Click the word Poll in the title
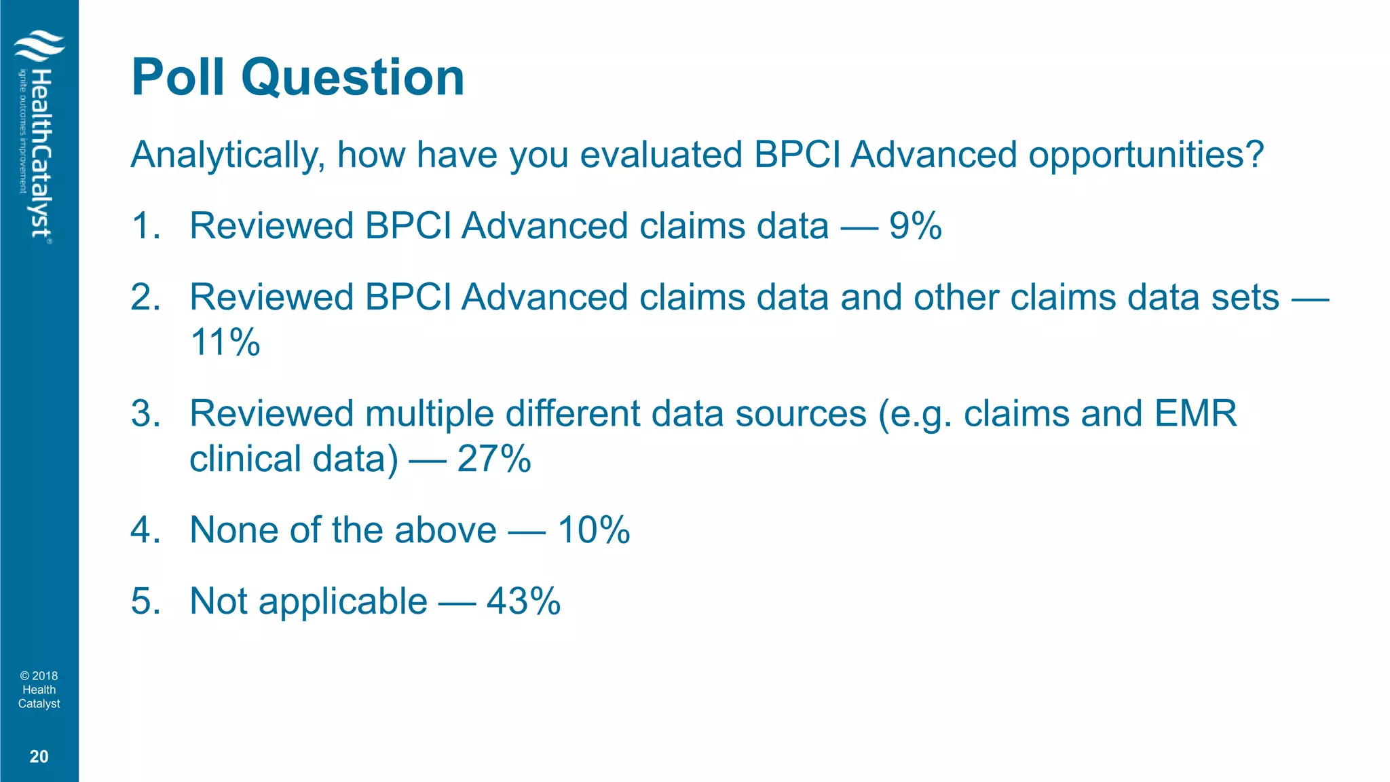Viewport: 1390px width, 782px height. [x=178, y=77]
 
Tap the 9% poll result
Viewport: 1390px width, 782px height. [x=915, y=226]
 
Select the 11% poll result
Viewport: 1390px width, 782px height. [x=225, y=341]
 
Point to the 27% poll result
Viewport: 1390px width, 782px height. [x=493, y=459]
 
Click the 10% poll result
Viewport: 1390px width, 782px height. [x=593, y=530]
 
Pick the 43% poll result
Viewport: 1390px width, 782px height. [x=523, y=601]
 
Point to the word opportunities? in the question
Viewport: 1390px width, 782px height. [x=1146, y=155]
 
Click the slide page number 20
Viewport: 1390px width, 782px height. [x=39, y=757]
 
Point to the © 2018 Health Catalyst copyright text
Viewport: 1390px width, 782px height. [x=39, y=690]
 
